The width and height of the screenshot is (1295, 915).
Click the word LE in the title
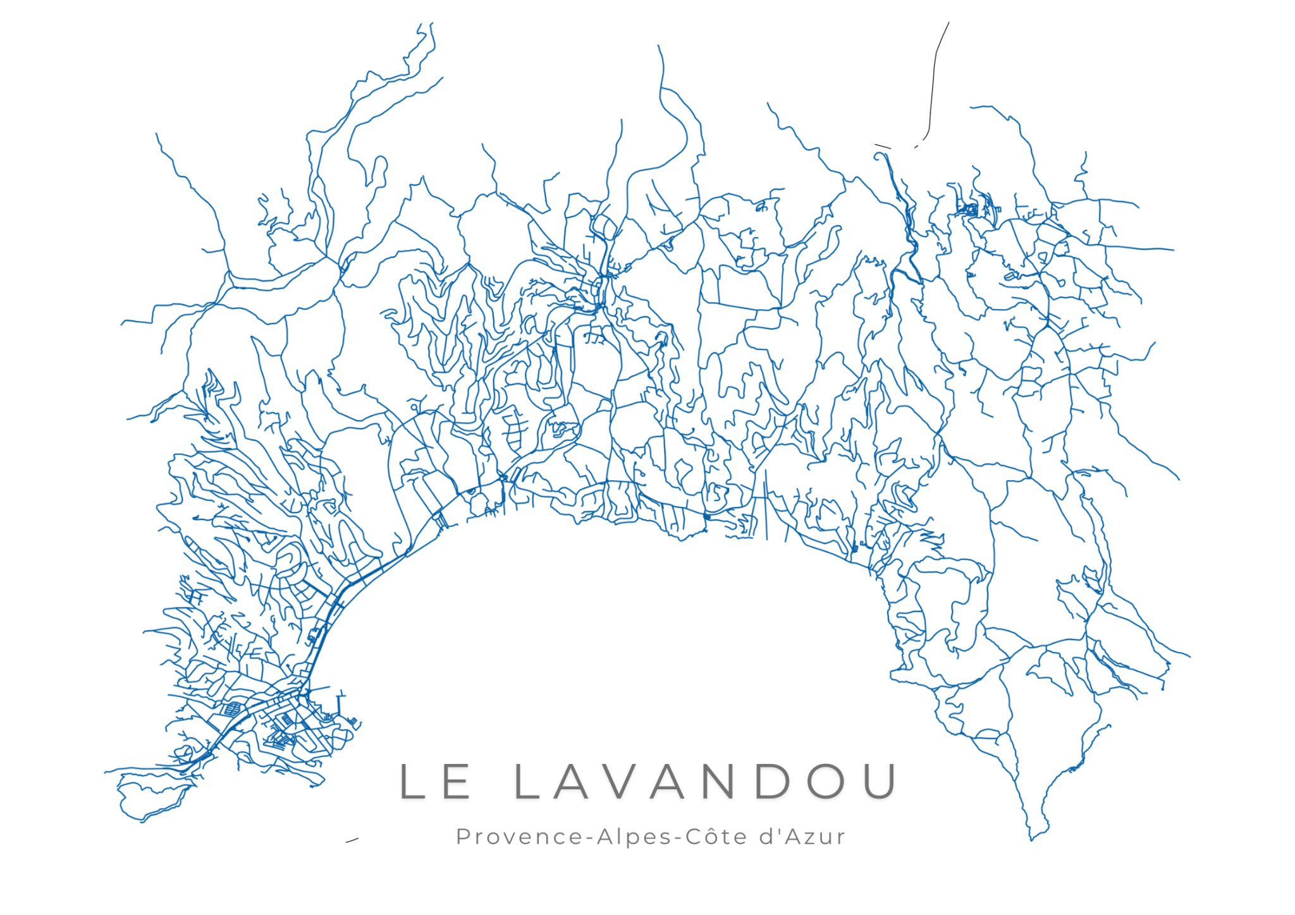click(435, 781)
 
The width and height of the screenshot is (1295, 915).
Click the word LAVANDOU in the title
click(706, 781)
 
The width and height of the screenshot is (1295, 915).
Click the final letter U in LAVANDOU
click(880, 781)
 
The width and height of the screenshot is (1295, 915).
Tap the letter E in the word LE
click(456, 781)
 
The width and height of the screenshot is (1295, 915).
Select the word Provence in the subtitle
click(519, 837)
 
